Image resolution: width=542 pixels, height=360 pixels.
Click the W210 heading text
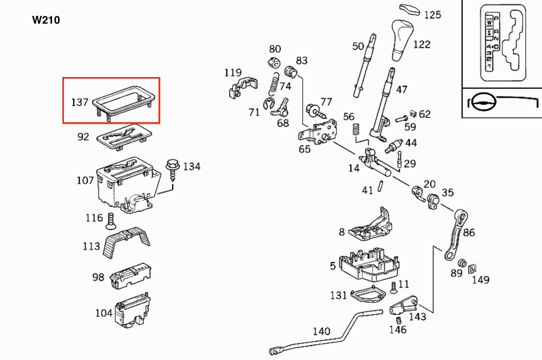click(x=46, y=20)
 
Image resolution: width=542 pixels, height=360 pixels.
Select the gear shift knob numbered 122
click(x=402, y=40)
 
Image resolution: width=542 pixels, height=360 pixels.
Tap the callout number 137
click(x=80, y=102)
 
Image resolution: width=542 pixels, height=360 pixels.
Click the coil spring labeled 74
click(x=274, y=84)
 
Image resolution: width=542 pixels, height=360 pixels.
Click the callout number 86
click(x=469, y=233)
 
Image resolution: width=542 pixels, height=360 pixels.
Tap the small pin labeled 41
click(x=380, y=186)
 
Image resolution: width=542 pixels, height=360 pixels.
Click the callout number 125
click(x=432, y=15)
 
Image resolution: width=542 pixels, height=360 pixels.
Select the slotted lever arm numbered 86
click(x=455, y=235)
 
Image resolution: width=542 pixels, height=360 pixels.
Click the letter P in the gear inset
click(x=496, y=18)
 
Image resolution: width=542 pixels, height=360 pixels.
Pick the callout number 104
click(x=104, y=313)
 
